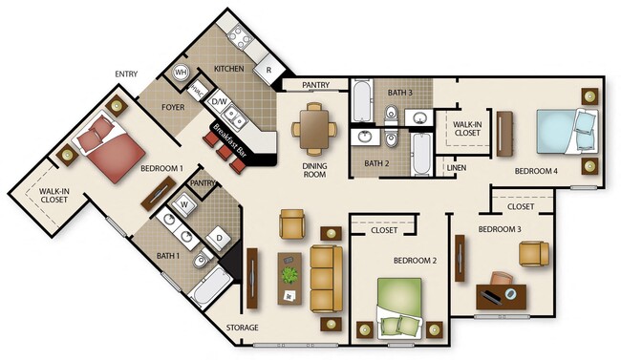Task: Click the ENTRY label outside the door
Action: point(125,74)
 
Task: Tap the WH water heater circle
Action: point(179,72)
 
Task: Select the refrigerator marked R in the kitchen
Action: point(270,70)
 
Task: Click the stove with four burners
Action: point(238,38)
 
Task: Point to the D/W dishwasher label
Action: point(218,101)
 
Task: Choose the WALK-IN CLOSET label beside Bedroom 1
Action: point(53,197)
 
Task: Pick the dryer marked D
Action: point(219,237)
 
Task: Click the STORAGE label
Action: point(243,328)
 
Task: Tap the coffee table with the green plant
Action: point(289,276)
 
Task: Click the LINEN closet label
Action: point(457,169)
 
